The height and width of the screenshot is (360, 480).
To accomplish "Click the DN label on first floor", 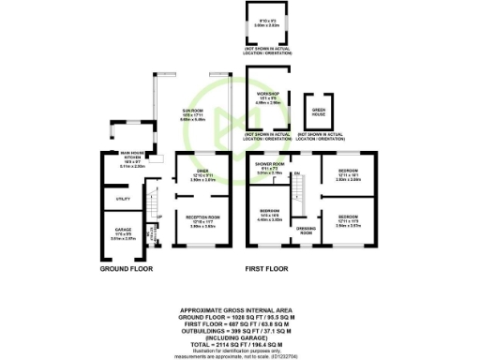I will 295,173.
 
